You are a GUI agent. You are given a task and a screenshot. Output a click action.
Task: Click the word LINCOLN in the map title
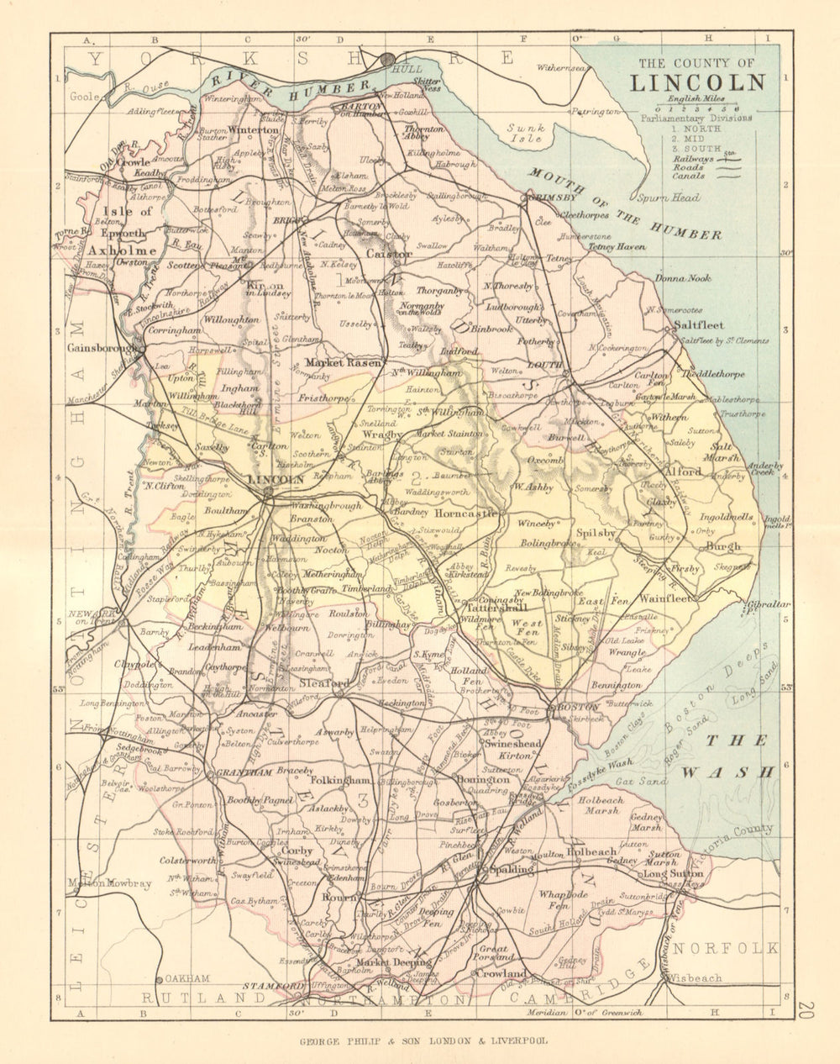[x=698, y=82]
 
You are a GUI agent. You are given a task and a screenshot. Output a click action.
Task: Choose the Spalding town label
[x=507, y=869]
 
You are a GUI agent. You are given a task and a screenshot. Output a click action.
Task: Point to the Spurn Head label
[x=675, y=198]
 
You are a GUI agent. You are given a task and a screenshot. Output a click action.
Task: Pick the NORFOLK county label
[x=727, y=948]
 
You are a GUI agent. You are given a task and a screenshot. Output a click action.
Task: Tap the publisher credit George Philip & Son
[x=424, y=1040]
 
